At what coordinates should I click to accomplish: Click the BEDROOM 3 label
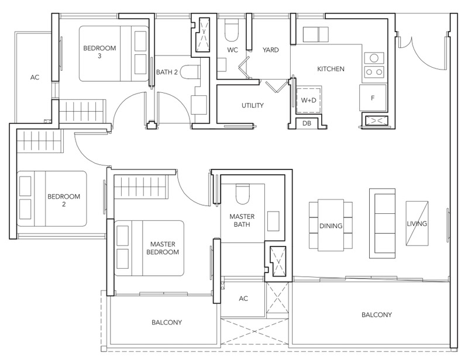(x=99, y=51)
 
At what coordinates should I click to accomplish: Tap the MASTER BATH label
(x=242, y=220)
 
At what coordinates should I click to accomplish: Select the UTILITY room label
(x=253, y=105)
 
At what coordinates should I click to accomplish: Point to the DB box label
(x=307, y=123)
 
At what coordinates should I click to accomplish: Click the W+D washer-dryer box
(x=309, y=100)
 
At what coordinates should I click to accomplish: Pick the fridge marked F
(x=373, y=98)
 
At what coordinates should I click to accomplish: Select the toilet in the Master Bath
(x=242, y=195)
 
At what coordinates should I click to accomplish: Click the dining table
(x=331, y=225)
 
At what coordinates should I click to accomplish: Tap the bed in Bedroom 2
(x=52, y=199)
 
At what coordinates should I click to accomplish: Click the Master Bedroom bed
(x=149, y=248)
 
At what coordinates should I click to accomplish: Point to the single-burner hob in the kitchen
(x=374, y=58)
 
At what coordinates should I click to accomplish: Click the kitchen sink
(x=316, y=34)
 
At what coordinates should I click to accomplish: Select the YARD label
(x=271, y=50)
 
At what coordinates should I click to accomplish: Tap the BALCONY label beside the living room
(x=377, y=314)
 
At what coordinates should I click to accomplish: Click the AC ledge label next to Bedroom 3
(x=35, y=77)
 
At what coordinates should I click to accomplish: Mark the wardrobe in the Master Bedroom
(x=140, y=188)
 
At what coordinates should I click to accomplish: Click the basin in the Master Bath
(x=273, y=221)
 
